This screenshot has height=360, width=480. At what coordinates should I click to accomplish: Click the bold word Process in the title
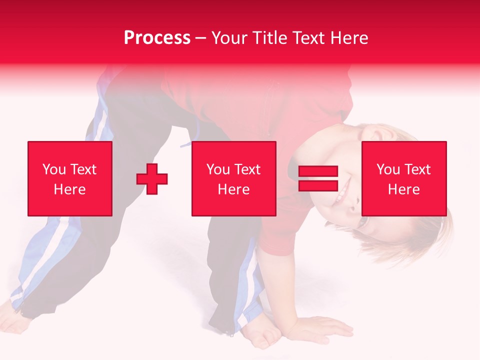pos(157,38)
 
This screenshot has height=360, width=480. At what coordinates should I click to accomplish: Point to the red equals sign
pos(318,178)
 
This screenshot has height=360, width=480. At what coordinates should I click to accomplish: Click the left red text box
pos(70,178)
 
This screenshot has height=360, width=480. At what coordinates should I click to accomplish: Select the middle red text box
pos(234,178)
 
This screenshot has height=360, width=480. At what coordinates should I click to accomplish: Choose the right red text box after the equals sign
pos(404,178)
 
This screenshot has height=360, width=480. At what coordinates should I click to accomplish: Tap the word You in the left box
pos(54,169)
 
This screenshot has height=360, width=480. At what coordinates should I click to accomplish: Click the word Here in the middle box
pos(234,189)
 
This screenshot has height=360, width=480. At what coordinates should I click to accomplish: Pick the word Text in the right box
pos(418,169)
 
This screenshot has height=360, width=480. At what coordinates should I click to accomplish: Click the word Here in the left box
pos(70,189)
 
